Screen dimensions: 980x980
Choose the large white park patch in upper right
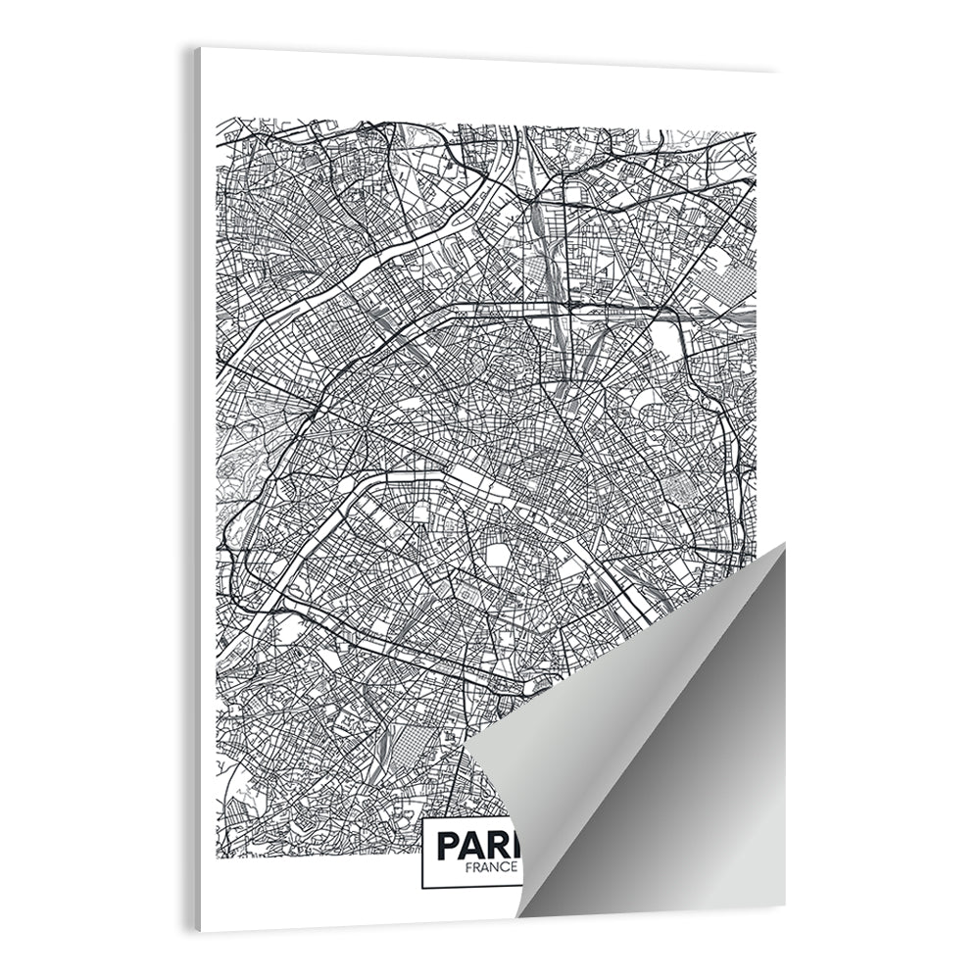tap(665, 339)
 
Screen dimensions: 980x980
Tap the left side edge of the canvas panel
tap(195, 490)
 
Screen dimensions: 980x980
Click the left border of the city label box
tap(422, 854)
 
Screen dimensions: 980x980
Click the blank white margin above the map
tap(490, 93)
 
